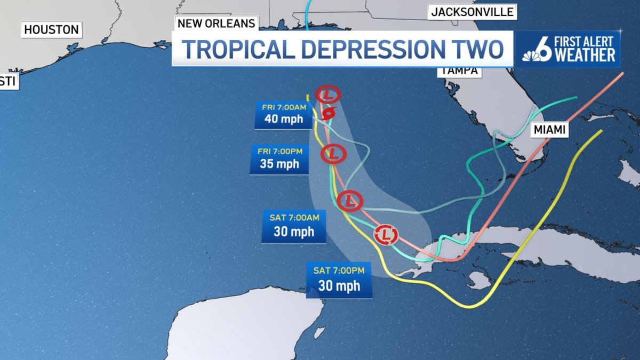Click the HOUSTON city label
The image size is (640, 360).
point(52,30)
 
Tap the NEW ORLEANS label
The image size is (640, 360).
point(216,23)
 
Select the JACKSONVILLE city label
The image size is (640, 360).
point(472,12)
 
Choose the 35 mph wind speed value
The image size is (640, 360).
point(279,164)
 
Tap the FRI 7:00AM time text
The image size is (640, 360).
point(284,107)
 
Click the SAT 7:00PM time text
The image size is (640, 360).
point(339,270)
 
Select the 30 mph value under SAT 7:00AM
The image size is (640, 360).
point(294,232)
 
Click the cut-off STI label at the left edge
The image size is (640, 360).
point(7,81)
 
